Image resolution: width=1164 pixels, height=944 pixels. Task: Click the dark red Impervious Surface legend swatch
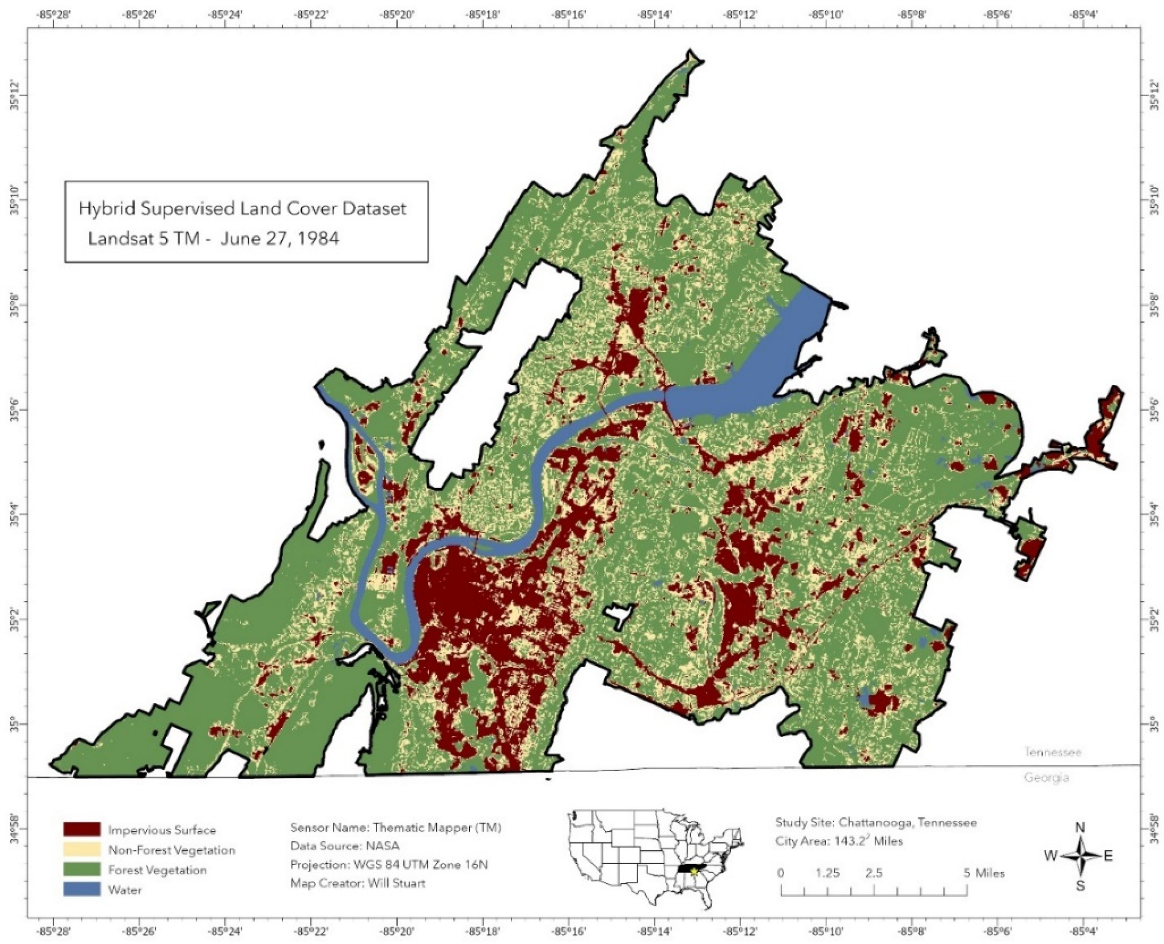pos(82,829)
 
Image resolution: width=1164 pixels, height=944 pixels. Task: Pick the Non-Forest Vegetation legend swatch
pos(82,850)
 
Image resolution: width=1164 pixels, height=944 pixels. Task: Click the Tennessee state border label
pos(1052,753)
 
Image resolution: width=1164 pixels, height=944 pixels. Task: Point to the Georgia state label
pos(1046,778)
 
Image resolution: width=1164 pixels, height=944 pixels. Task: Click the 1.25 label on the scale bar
pos(827,873)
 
